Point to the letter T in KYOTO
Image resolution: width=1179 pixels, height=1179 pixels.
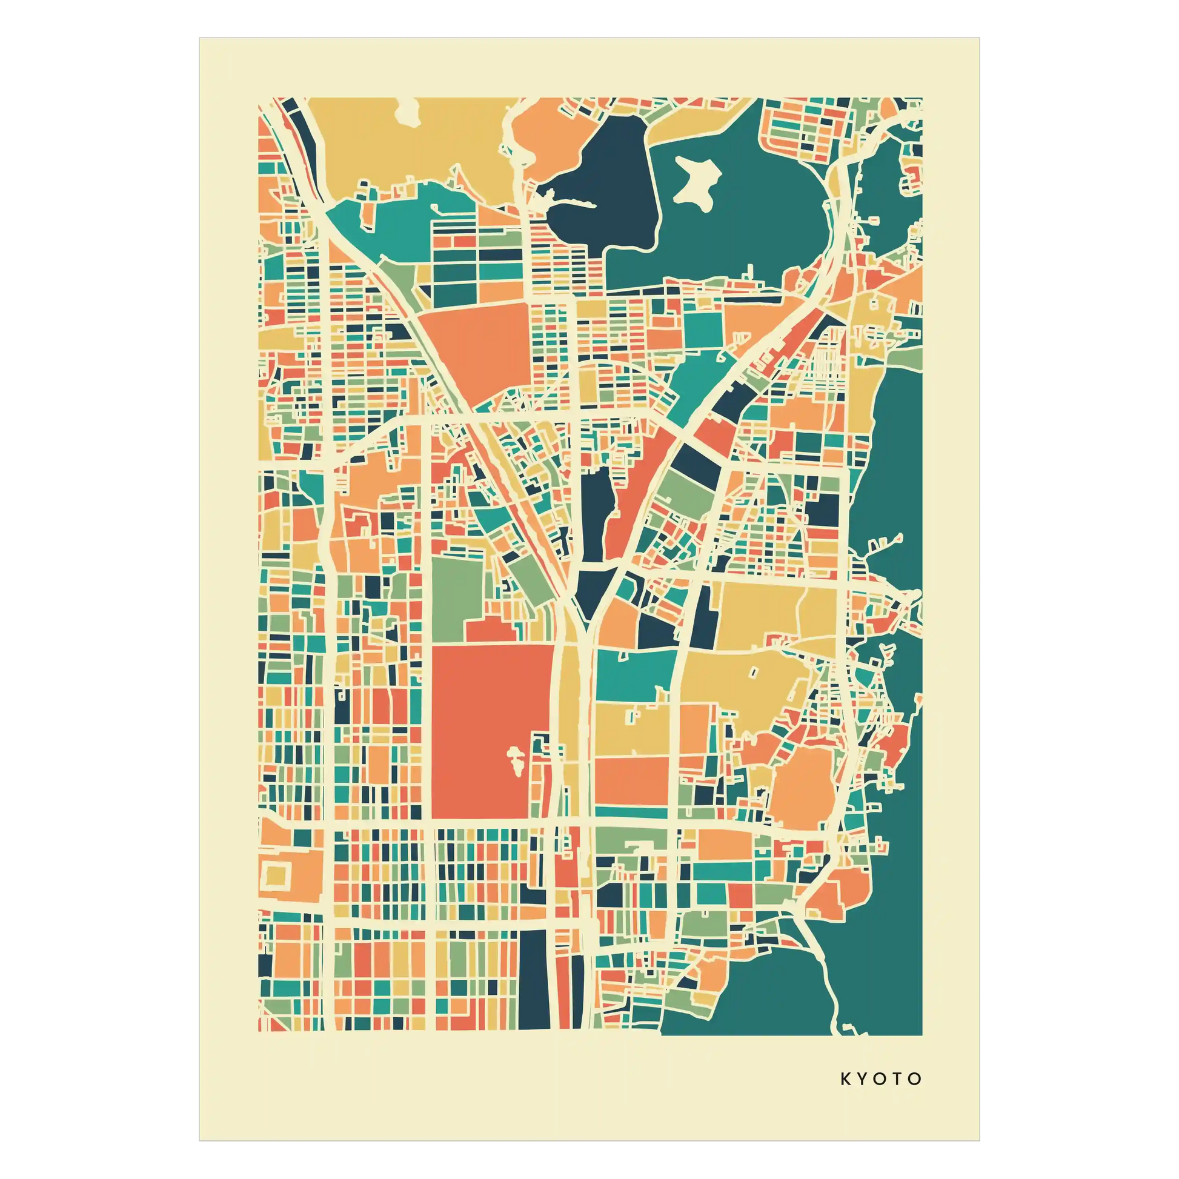click(898, 1079)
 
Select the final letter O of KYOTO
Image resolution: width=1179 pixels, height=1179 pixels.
click(915, 1079)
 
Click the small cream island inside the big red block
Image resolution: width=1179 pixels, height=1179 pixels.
click(516, 760)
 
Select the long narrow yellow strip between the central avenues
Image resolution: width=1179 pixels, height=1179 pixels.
click(571, 714)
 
